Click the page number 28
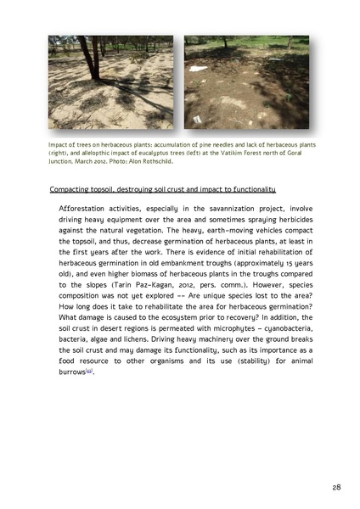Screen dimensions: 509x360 point(335,487)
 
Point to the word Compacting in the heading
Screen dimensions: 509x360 point(71,187)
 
